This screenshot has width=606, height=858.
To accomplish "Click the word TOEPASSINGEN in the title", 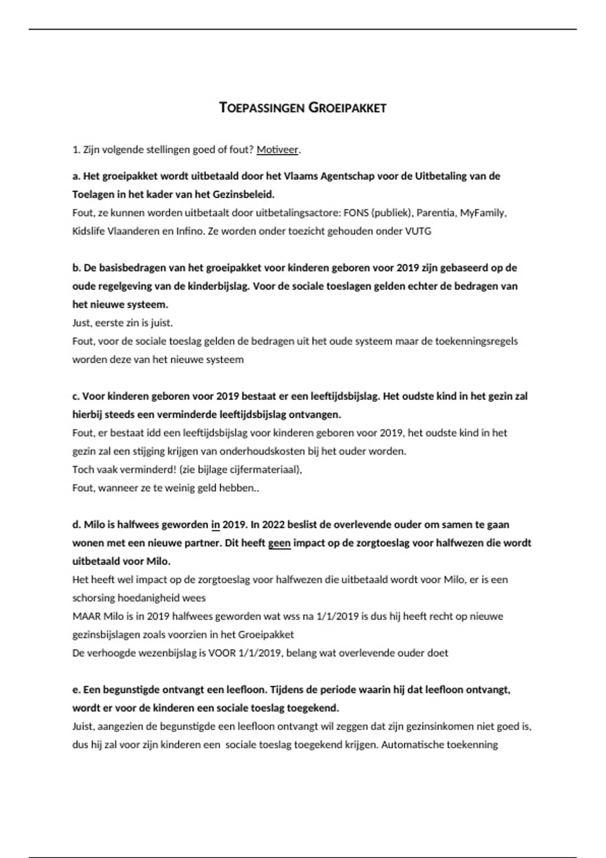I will (x=262, y=108).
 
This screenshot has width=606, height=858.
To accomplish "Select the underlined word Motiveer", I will (x=277, y=149).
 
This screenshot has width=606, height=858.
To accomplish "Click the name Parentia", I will (x=435, y=212).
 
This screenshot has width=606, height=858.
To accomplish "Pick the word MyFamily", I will (x=482, y=212).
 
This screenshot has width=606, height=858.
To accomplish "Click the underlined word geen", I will (x=279, y=543).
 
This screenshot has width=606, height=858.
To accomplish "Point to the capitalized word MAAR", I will (x=86, y=616).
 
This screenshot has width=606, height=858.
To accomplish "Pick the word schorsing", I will (x=93, y=598).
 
